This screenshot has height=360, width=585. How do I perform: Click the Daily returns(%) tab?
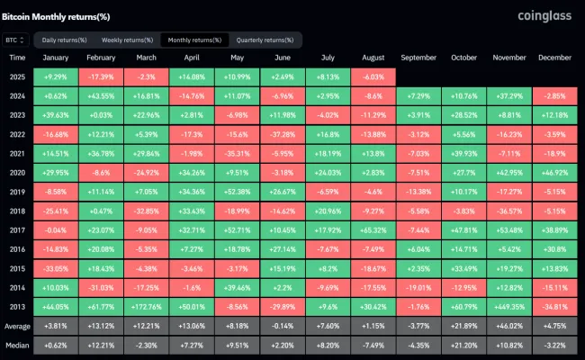coord(65,40)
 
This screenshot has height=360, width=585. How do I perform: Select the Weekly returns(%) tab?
coord(125,40)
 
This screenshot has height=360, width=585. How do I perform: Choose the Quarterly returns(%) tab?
coord(265,40)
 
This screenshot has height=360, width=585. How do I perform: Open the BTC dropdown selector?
coord(16,40)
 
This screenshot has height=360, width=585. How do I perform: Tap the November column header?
coord(509,58)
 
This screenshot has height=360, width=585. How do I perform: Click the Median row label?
coord(17,345)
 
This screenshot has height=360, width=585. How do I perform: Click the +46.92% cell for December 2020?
coord(555,172)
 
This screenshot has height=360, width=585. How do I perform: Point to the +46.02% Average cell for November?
coord(509,325)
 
